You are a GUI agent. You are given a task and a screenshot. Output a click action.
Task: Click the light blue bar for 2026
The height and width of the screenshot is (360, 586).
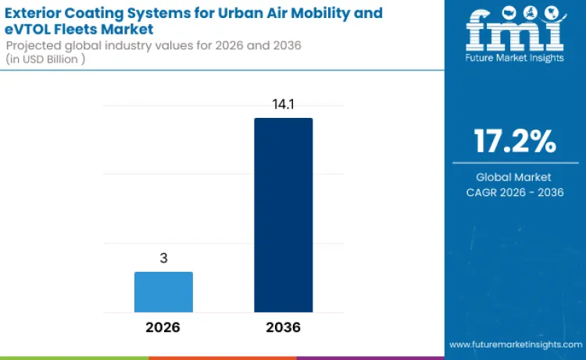pyautogui.click(x=163, y=292)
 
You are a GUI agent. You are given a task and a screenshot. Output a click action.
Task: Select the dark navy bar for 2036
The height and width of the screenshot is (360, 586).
pyautogui.click(x=283, y=215)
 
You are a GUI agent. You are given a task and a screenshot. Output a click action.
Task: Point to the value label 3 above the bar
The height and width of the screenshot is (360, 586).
pyautogui.click(x=163, y=259)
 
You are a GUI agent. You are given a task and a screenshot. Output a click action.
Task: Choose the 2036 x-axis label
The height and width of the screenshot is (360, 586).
pyautogui.click(x=283, y=327)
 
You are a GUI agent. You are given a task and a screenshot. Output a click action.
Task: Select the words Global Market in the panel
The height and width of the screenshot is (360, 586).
pyautogui.click(x=514, y=177)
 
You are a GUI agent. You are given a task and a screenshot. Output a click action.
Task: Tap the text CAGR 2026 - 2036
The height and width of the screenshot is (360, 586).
pyautogui.click(x=514, y=192)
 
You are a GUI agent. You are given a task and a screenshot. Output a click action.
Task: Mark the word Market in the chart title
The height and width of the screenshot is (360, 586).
pyautogui.click(x=123, y=29)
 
